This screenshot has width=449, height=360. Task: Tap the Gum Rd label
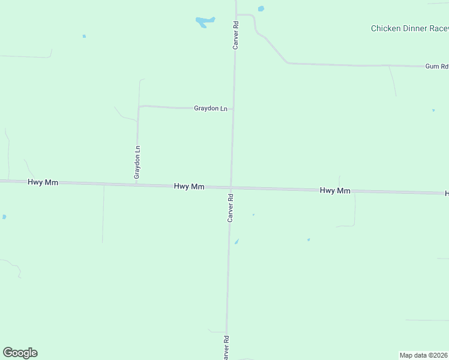[x=436, y=66]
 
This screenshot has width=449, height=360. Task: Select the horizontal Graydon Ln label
[x=211, y=109]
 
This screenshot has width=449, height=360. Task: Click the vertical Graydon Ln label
[x=137, y=162]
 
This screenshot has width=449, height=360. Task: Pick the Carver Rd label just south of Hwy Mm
[x=230, y=208]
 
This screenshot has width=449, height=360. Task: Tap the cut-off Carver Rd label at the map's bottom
[x=226, y=348]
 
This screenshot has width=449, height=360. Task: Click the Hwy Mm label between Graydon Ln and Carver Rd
[x=189, y=187]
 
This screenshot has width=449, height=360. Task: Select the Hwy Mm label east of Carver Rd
[x=335, y=190]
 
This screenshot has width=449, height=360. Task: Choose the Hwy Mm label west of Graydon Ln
[x=43, y=182]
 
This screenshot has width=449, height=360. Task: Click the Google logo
[x=20, y=353]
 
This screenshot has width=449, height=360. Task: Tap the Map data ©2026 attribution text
[x=424, y=355]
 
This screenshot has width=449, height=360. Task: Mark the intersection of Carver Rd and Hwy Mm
[x=231, y=187]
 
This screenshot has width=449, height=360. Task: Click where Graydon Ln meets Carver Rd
[x=233, y=109]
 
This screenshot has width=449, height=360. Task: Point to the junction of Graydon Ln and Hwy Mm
[x=137, y=184]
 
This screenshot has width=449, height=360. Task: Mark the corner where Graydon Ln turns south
[x=139, y=107]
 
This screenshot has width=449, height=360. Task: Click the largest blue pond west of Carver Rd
[x=205, y=22]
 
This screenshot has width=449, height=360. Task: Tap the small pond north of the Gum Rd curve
[x=261, y=8]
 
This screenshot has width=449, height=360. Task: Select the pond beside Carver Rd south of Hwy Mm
[x=237, y=242]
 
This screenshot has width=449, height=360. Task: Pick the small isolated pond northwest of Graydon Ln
[x=84, y=36]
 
